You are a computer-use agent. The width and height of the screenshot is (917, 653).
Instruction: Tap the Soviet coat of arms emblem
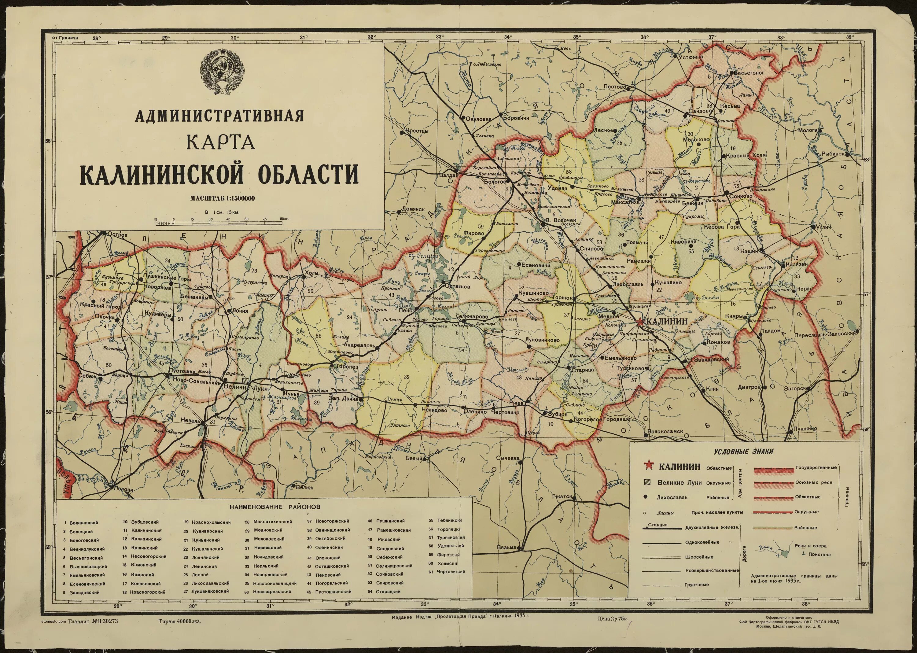pos(220,71)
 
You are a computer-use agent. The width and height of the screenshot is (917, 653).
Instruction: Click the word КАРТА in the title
pos(221,143)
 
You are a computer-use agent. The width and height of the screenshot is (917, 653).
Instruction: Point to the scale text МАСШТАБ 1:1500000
pos(222,198)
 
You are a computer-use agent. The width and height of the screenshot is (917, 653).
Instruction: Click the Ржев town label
pos(516,403)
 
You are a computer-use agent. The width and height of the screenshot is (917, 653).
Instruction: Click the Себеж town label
pos(88,376)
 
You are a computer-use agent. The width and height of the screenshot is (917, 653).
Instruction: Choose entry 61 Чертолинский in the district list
pos(450,571)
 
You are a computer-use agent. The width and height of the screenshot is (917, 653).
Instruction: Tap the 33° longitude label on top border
pos(440,37)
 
